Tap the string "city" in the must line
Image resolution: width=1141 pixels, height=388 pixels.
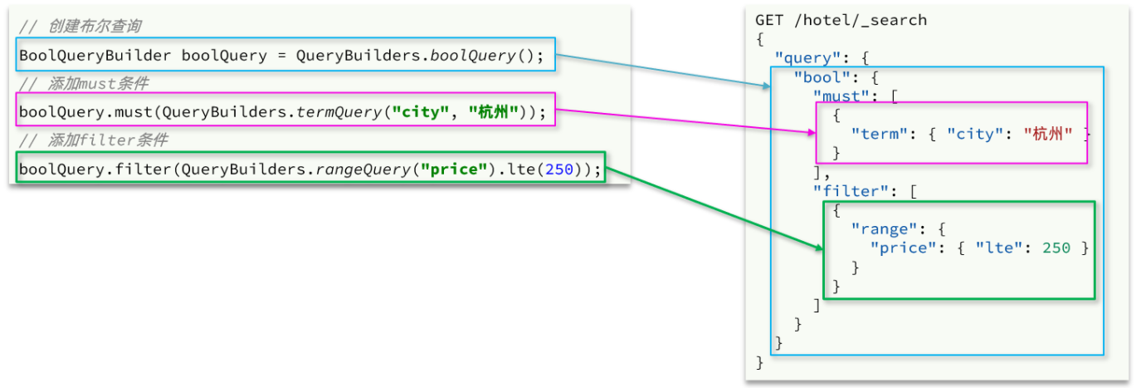pos(424,112)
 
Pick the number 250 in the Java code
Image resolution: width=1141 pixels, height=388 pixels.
pos(558,169)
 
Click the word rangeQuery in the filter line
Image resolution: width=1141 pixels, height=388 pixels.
pos(368,169)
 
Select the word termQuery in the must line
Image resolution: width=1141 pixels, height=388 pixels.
pos(344,112)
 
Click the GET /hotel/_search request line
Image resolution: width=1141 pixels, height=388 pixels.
pos(841,20)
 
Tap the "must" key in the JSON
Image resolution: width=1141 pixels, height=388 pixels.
pos(841,96)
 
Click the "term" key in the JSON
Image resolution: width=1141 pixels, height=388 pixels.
pos(880,134)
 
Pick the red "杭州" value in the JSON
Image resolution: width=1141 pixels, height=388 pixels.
pos(1048,134)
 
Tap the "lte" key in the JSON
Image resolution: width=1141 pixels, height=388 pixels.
pos(995,248)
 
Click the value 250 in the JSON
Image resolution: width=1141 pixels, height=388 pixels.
pos(1056,248)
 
